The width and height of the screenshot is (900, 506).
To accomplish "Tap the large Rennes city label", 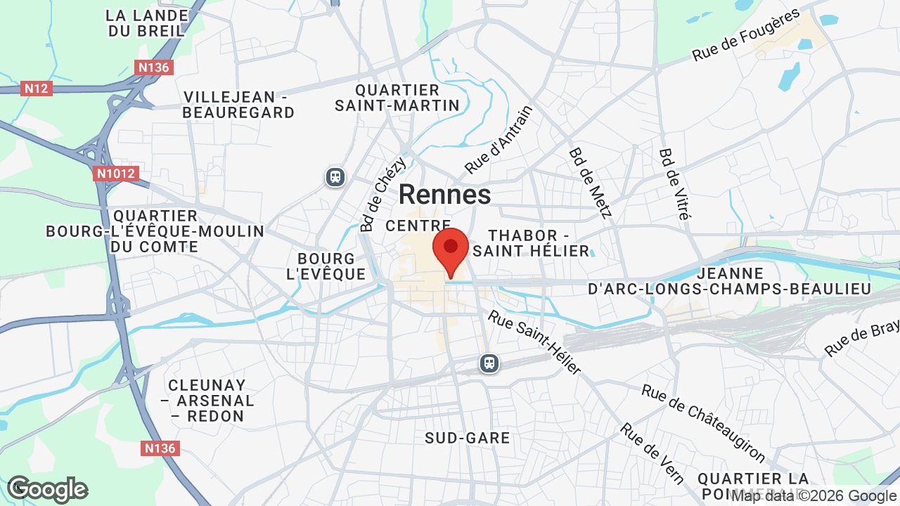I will pyautogui.click(x=444, y=195).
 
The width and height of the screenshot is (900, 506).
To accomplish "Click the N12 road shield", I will pyautogui.click(x=37, y=89).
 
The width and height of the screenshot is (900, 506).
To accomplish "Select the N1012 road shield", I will pyautogui.click(x=116, y=174).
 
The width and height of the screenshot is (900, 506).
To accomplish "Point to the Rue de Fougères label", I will pyautogui.click(x=746, y=35).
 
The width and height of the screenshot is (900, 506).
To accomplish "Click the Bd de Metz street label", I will pyautogui.click(x=591, y=183).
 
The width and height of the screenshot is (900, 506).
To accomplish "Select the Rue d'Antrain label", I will pyautogui.click(x=499, y=139).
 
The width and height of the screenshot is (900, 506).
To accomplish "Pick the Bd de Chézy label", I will pyautogui.click(x=382, y=195).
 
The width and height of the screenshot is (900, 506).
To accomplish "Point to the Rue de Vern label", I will pyautogui.click(x=652, y=453).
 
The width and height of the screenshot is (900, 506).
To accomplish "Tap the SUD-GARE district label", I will pyautogui.click(x=467, y=438).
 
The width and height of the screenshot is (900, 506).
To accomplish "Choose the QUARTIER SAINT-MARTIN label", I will pyautogui.click(x=397, y=98).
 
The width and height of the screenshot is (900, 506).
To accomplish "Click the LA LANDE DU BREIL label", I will pyautogui.click(x=148, y=22).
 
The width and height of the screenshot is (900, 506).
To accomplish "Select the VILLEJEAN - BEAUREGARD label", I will pyautogui.click(x=238, y=105).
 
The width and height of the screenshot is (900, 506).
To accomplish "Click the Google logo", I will pyautogui.click(x=47, y=489).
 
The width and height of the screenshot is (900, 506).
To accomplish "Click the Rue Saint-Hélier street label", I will pyautogui.click(x=535, y=342).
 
